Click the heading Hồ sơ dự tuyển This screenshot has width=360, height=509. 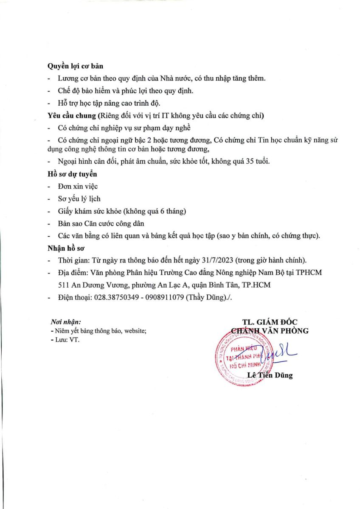coord(72,173)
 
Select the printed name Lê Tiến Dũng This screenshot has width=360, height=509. coord(270,375)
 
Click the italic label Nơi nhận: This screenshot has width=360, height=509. coord(66,322)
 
